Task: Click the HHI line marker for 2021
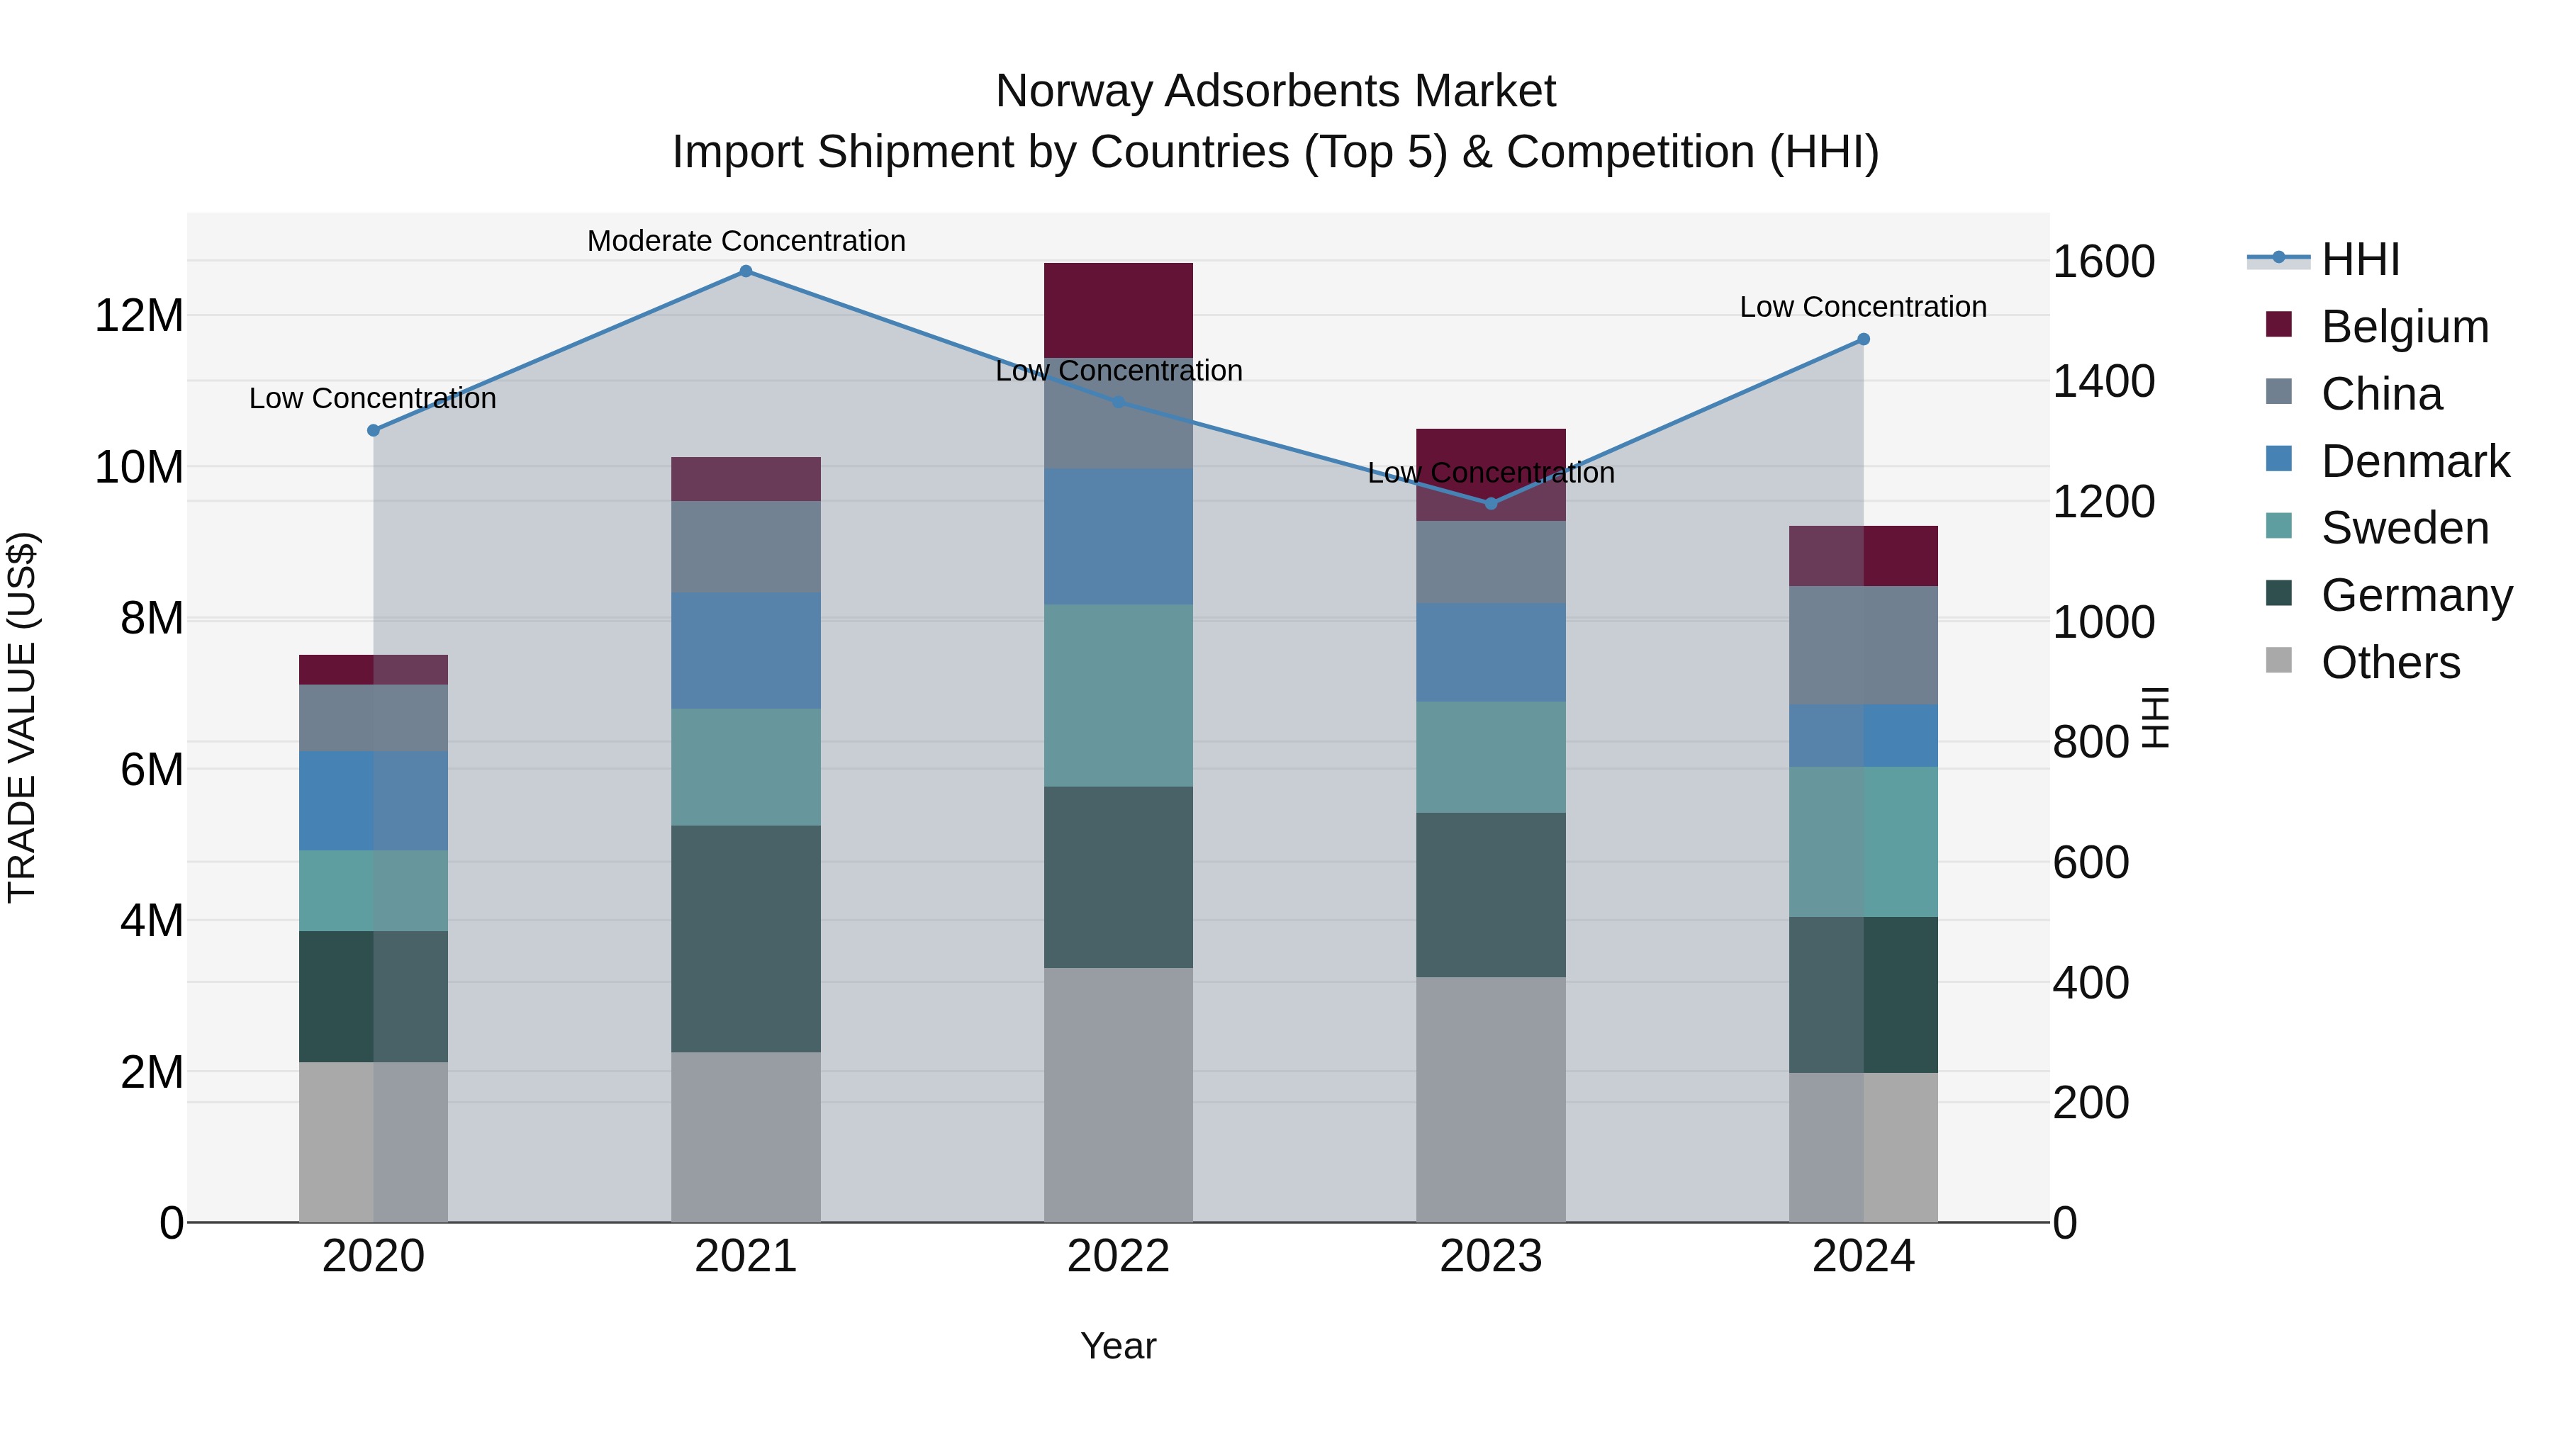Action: click(x=746, y=271)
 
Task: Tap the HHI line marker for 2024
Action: click(x=1862, y=339)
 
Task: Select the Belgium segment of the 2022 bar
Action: click(x=1119, y=310)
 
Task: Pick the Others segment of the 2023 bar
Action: click(x=1491, y=1099)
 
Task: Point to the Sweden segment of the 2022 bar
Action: click(x=1119, y=695)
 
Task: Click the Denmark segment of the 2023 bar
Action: click(x=1491, y=652)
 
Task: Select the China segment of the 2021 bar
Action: click(x=746, y=546)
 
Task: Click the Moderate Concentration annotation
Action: click(x=746, y=241)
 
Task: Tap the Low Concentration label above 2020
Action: click(x=372, y=398)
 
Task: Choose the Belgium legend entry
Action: click(x=2405, y=327)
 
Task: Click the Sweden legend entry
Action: click(x=2405, y=528)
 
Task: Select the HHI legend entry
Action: click(x=2360, y=259)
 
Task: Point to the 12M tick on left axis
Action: click(x=139, y=316)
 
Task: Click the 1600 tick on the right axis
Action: click(x=2103, y=261)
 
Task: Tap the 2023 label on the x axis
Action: click(x=1491, y=1256)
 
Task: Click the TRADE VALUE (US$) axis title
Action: click(x=23, y=717)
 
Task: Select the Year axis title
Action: click(x=1119, y=1346)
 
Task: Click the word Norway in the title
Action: click(x=1075, y=91)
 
